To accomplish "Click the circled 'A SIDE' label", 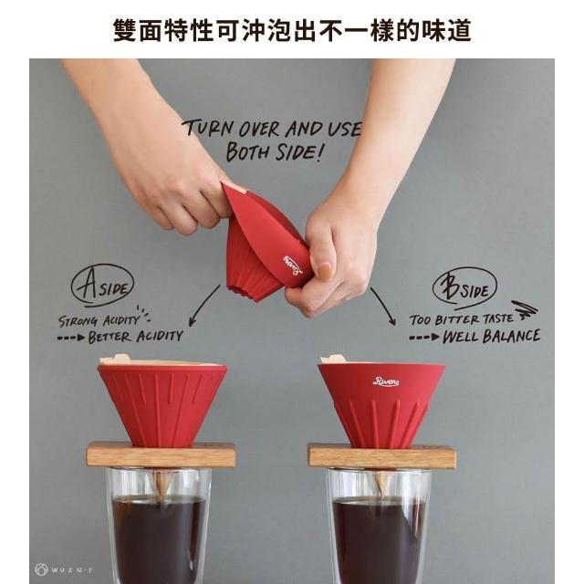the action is click(x=102, y=285).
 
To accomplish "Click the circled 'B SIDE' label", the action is click(x=464, y=288).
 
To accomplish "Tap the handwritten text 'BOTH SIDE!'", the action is click(x=274, y=151).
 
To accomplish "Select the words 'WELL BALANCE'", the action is click(x=491, y=337).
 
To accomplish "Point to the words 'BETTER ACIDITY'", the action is click(x=136, y=337).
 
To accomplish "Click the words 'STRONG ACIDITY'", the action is click(x=99, y=320).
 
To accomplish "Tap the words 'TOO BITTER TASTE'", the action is click(x=461, y=319).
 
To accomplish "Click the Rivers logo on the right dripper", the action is click(x=386, y=381).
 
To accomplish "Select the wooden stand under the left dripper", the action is click(x=161, y=454).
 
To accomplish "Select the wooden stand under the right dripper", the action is click(x=382, y=456).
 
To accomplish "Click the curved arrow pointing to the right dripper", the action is click(x=385, y=304).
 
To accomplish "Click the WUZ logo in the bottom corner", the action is click(x=63, y=569).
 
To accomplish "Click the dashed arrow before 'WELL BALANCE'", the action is click(x=424, y=338).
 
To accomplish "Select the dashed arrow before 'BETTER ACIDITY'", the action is click(x=71, y=338).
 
